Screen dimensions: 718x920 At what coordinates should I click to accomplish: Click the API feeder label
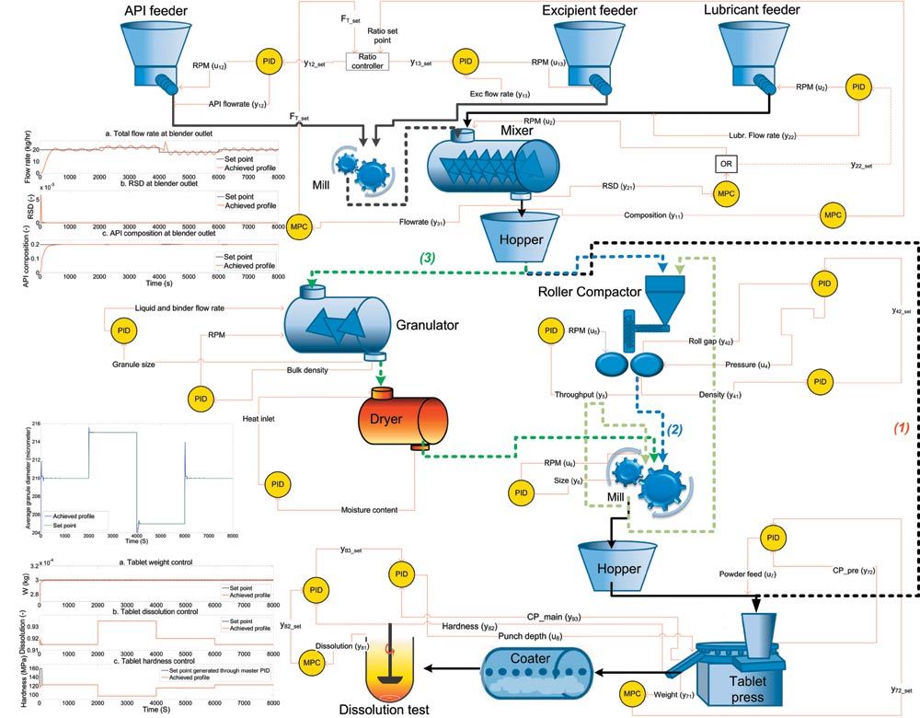162,10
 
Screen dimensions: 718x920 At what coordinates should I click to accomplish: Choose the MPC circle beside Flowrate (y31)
298,226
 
